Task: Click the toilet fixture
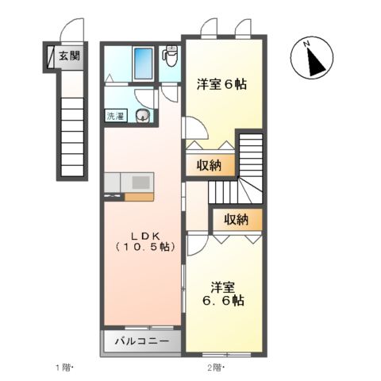click(170, 58)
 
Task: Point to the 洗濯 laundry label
click(115, 116)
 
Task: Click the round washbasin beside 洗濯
click(143, 117)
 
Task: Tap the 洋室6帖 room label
click(221, 83)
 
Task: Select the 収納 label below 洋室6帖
click(210, 167)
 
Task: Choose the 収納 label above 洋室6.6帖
click(236, 218)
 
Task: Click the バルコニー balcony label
click(141, 342)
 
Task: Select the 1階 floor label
click(64, 368)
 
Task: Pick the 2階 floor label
click(215, 368)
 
